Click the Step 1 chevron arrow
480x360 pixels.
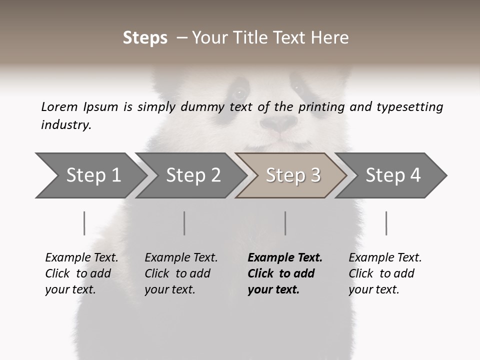(x=90, y=175)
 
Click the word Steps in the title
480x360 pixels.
(x=145, y=38)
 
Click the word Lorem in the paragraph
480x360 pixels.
(x=59, y=107)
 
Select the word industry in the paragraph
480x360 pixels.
(x=65, y=125)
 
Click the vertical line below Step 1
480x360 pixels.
(x=84, y=223)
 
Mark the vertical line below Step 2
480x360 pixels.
(x=184, y=223)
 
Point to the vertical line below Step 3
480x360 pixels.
(x=285, y=223)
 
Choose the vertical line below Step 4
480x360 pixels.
(x=386, y=223)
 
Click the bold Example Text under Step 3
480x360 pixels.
(x=284, y=258)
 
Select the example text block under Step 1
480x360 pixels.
(x=81, y=273)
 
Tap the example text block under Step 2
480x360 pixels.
(x=181, y=273)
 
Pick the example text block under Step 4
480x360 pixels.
(x=384, y=273)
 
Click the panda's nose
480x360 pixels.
(x=279, y=123)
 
